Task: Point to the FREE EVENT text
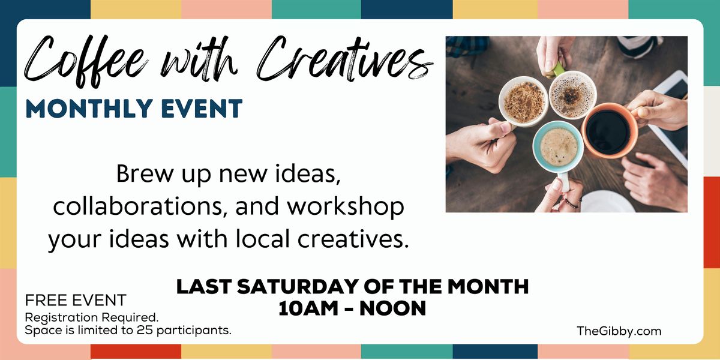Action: point(76,300)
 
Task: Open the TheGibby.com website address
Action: point(619,331)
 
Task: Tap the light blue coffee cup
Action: point(558,147)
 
